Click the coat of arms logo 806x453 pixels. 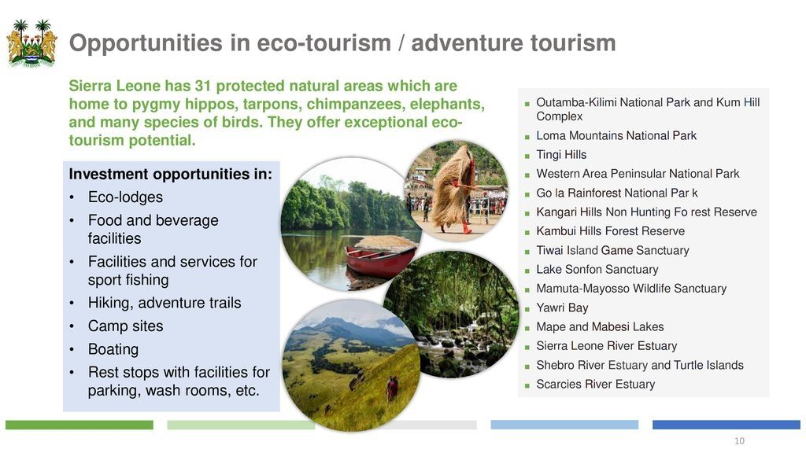[x=31, y=44]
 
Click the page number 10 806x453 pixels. [x=739, y=440]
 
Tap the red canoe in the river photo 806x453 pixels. [x=380, y=260]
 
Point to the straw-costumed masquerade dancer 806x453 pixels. [x=453, y=190]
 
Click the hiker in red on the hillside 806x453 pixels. [x=392, y=388]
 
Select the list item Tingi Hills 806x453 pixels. [x=561, y=155]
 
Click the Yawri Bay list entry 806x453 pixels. [x=562, y=308]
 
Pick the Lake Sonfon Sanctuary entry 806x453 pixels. [x=597, y=270]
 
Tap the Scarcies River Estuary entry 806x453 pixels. [x=596, y=384]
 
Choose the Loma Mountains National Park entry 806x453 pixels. [x=616, y=135]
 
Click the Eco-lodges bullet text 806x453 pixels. [x=125, y=197]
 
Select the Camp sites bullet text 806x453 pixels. [x=125, y=326]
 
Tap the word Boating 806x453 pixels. [x=113, y=349]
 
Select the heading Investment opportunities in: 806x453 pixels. [x=171, y=174]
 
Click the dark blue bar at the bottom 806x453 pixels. [x=727, y=425]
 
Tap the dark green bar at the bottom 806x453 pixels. [x=79, y=425]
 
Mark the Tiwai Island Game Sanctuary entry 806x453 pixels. [x=612, y=251]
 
